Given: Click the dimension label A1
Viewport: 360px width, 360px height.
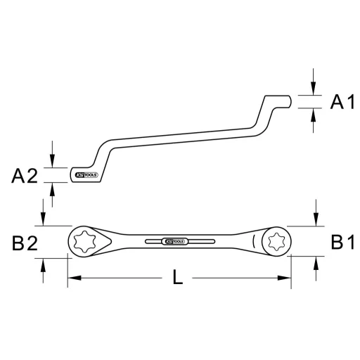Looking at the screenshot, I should click(342, 103).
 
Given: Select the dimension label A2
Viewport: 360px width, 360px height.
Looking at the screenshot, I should click(24, 176).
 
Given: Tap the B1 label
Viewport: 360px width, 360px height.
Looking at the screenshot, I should click(342, 243).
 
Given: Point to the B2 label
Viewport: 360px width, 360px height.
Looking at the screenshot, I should click(22, 243).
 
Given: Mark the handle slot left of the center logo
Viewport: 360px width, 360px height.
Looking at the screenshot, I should click(152, 242).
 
